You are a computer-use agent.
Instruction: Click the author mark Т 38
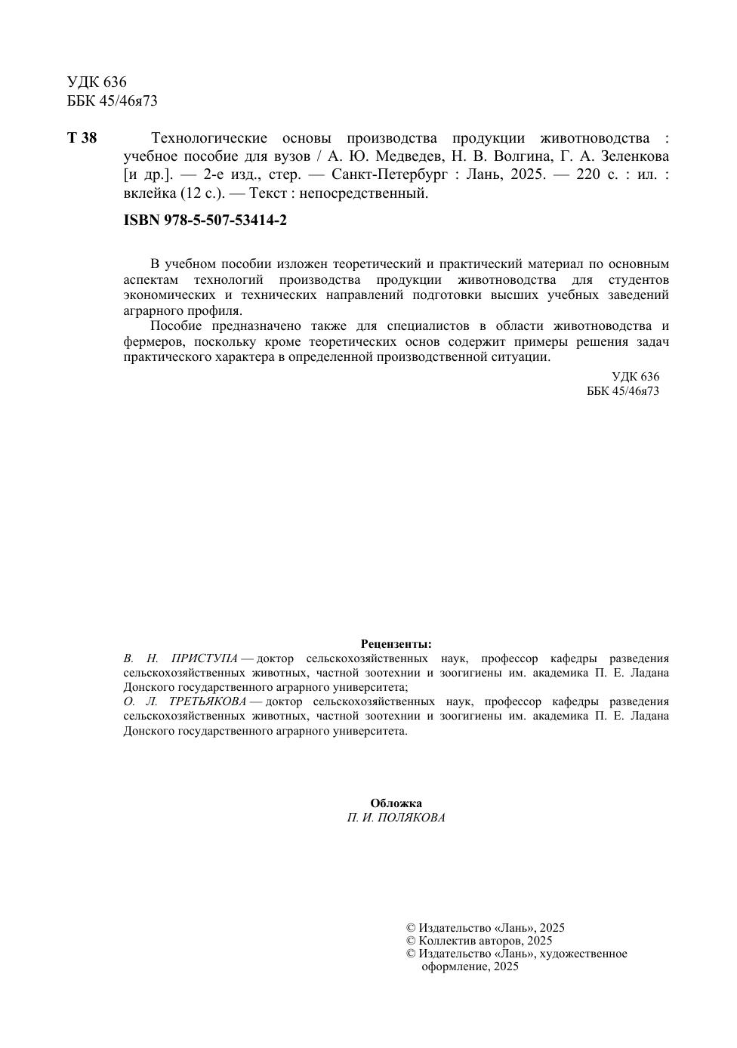[82, 138]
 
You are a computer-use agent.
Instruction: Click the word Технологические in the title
[209, 138]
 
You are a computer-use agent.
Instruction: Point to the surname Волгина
[520, 157]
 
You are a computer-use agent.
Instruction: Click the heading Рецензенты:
[396, 644]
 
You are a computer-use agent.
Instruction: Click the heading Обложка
[396, 803]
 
